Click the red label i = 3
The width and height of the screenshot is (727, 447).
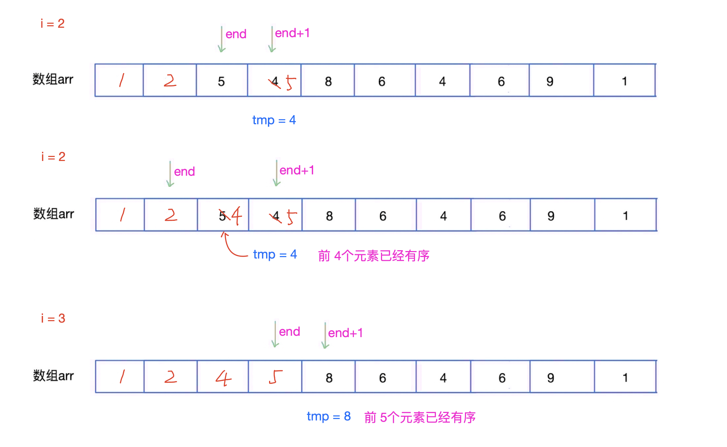click(53, 318)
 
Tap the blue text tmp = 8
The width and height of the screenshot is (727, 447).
click(329, 416)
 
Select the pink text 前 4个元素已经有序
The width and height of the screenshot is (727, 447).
click(374, 256)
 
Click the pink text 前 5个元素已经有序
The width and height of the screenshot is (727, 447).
click(420, 417)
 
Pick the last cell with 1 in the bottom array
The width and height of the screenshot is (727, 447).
click(625, 377)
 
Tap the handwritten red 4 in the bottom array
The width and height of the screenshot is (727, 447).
click(223, 378)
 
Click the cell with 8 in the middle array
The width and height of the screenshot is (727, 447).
click(329, 216)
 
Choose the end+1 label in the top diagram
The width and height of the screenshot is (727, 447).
click(292, 33)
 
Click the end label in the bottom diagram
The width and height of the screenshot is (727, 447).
click(289, 331)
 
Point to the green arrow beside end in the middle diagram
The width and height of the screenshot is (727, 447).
click(170, 174)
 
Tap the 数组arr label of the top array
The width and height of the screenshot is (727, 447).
click(53, 79)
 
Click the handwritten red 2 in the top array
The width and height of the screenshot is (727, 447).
click(170, 81)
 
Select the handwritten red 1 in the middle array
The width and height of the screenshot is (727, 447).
click(122, 215)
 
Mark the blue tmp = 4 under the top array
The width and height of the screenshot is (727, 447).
click(274, 120)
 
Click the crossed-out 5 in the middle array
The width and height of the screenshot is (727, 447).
click(222, 216)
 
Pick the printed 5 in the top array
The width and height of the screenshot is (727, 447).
click(221, 81)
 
